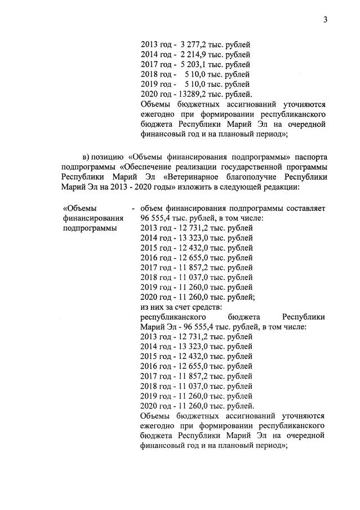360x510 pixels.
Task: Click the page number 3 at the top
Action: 325,20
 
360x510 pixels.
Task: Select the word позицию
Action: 112,156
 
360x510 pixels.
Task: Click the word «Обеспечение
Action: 148,166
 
